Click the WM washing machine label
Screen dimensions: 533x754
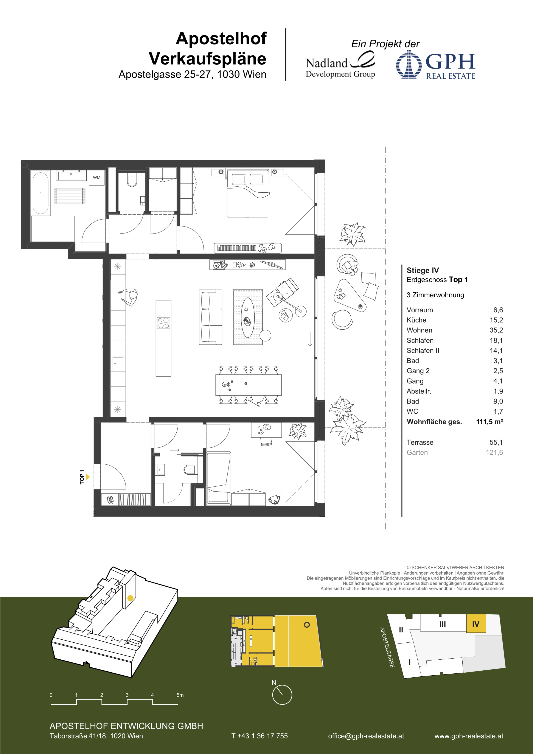(96, 178)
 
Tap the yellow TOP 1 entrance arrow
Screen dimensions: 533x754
(88, 477)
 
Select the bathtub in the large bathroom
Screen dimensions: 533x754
(40, 193)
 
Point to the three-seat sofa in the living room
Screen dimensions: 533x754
(210, 317)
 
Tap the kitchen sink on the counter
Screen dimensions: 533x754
(118, 364)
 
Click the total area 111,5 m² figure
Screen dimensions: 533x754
(489, 422)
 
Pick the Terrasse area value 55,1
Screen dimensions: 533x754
(496, 442)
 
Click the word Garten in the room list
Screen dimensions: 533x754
(417, 453)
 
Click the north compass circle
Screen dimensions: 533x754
(282, 704)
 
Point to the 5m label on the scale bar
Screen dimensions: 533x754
(180, 695)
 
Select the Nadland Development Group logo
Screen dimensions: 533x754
(340, 65)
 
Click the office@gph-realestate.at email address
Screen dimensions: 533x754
(366, 736)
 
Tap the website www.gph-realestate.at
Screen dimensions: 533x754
(469, 736)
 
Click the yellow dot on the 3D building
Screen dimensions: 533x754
(130, 598)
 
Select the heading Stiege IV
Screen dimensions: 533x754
(423, 270)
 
